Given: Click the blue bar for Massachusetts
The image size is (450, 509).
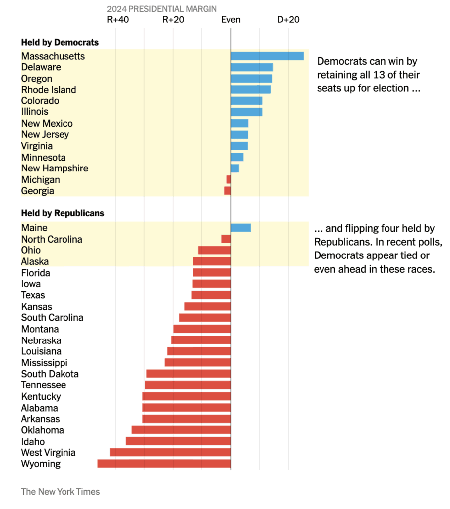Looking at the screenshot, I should [267, 56].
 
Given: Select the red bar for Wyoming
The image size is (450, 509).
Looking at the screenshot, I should [164, 464].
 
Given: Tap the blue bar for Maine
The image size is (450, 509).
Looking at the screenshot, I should [241, 228].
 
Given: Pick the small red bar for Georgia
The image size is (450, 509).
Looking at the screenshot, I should [228, 191].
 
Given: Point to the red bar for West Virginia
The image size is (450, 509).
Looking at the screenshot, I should [170, 452].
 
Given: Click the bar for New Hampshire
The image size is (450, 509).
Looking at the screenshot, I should [235, 168].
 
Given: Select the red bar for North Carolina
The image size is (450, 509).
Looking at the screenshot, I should [226, 239].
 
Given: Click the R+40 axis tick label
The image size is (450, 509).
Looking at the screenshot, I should [118, 20].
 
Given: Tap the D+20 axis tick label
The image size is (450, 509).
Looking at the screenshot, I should [288, 20].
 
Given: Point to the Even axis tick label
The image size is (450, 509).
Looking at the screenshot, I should [231, 20].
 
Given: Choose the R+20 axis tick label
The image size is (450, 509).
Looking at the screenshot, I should [173, 20].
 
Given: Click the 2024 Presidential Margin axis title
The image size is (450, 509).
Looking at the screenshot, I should [162, 9].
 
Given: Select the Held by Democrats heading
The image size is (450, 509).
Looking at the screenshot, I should [60, 43].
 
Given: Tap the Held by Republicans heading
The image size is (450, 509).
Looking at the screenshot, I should [63, 213].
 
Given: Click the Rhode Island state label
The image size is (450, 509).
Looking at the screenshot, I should [49, 90].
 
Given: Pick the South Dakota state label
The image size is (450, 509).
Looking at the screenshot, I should [50, 374].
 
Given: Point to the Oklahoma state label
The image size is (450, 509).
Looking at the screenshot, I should [42, 430].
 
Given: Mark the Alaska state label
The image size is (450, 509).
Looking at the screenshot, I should [35, 261].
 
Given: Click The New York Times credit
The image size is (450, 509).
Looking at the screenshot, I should [60, 492].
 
